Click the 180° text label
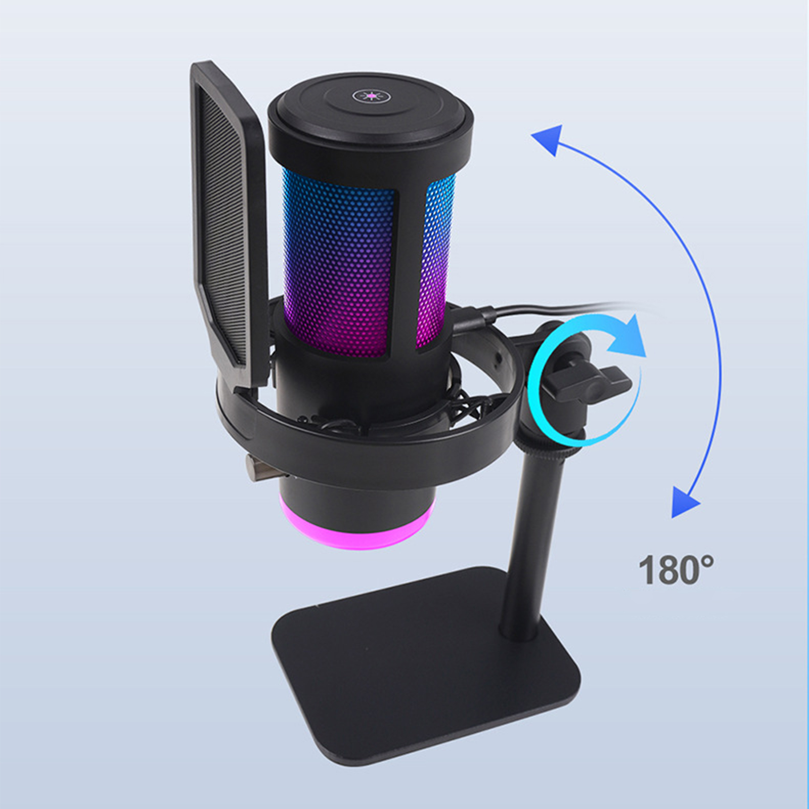[677, 570]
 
